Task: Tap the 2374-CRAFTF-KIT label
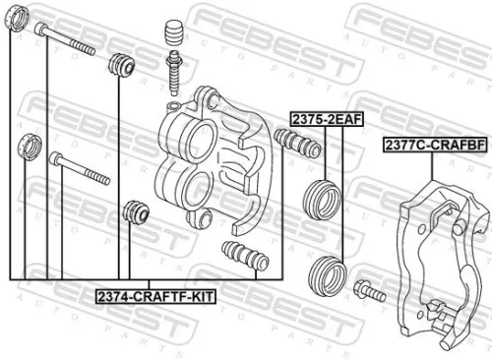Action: [x=155, y=294]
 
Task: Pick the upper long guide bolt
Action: [x=67, y=40]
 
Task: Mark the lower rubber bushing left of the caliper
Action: [x=132, y=211]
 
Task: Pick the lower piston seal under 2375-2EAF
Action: [x=328, y=269]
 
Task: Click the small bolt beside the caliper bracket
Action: [x=370, y=290]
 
